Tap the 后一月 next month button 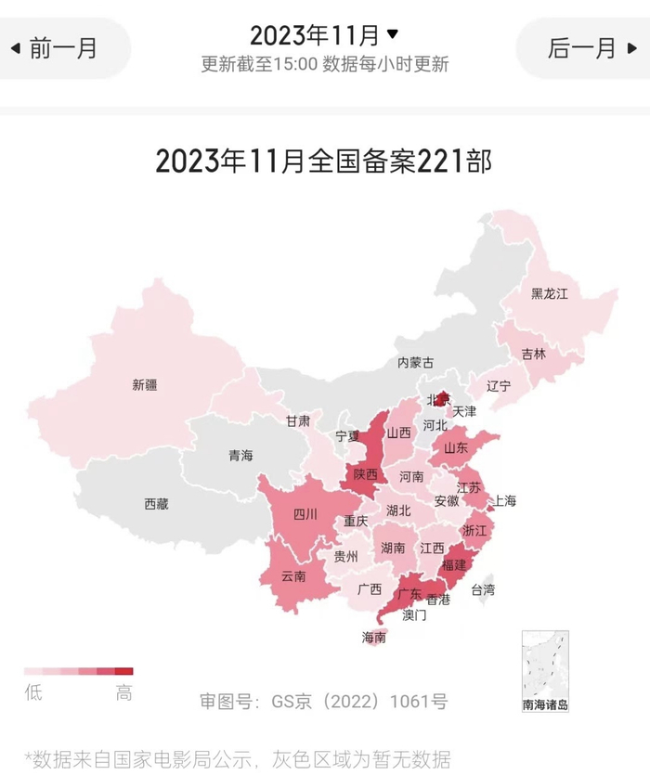[x=585, y=48]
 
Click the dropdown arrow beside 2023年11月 [x=392, y=34]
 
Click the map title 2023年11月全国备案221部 [x=324, y=161]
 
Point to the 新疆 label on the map [x=145, y=384]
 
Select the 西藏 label [x=156, y=504]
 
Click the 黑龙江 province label [x=549, y=293]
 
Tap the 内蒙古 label [x=415, y=362]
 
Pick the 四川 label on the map [x=305, y=514]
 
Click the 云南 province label [x=293, y=575]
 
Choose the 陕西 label [x=365, y=474]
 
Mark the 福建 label [x=454, y=564]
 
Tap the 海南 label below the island [x=374, y=638]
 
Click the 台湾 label [x=483, y=589]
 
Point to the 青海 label [x=240, y=455]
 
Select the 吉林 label [x=533, y=354]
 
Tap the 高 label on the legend [x=124, y=693]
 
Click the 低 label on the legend [x=33, y=693]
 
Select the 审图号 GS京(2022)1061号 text [x=324, y=702]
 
